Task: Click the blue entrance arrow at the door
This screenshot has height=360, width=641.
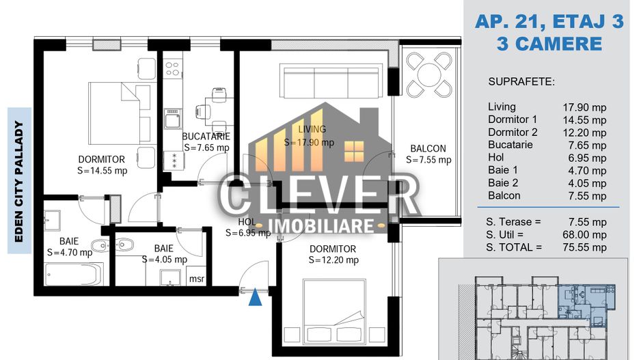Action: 255,296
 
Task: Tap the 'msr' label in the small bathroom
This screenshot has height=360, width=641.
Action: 197,279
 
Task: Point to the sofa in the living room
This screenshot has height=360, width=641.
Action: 331,81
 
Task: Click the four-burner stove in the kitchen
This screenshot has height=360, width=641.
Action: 173,69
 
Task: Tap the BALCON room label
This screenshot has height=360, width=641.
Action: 428,148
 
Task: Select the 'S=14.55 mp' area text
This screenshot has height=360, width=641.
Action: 102,171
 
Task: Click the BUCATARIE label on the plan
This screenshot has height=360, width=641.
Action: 205,136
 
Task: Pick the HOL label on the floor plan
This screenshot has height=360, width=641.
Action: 247,222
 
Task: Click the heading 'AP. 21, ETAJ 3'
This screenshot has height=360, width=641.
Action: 549,22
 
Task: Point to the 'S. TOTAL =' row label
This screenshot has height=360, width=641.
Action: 513,247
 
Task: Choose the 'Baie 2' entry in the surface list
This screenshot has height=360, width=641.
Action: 503,183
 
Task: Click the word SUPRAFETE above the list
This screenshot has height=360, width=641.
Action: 521,82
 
